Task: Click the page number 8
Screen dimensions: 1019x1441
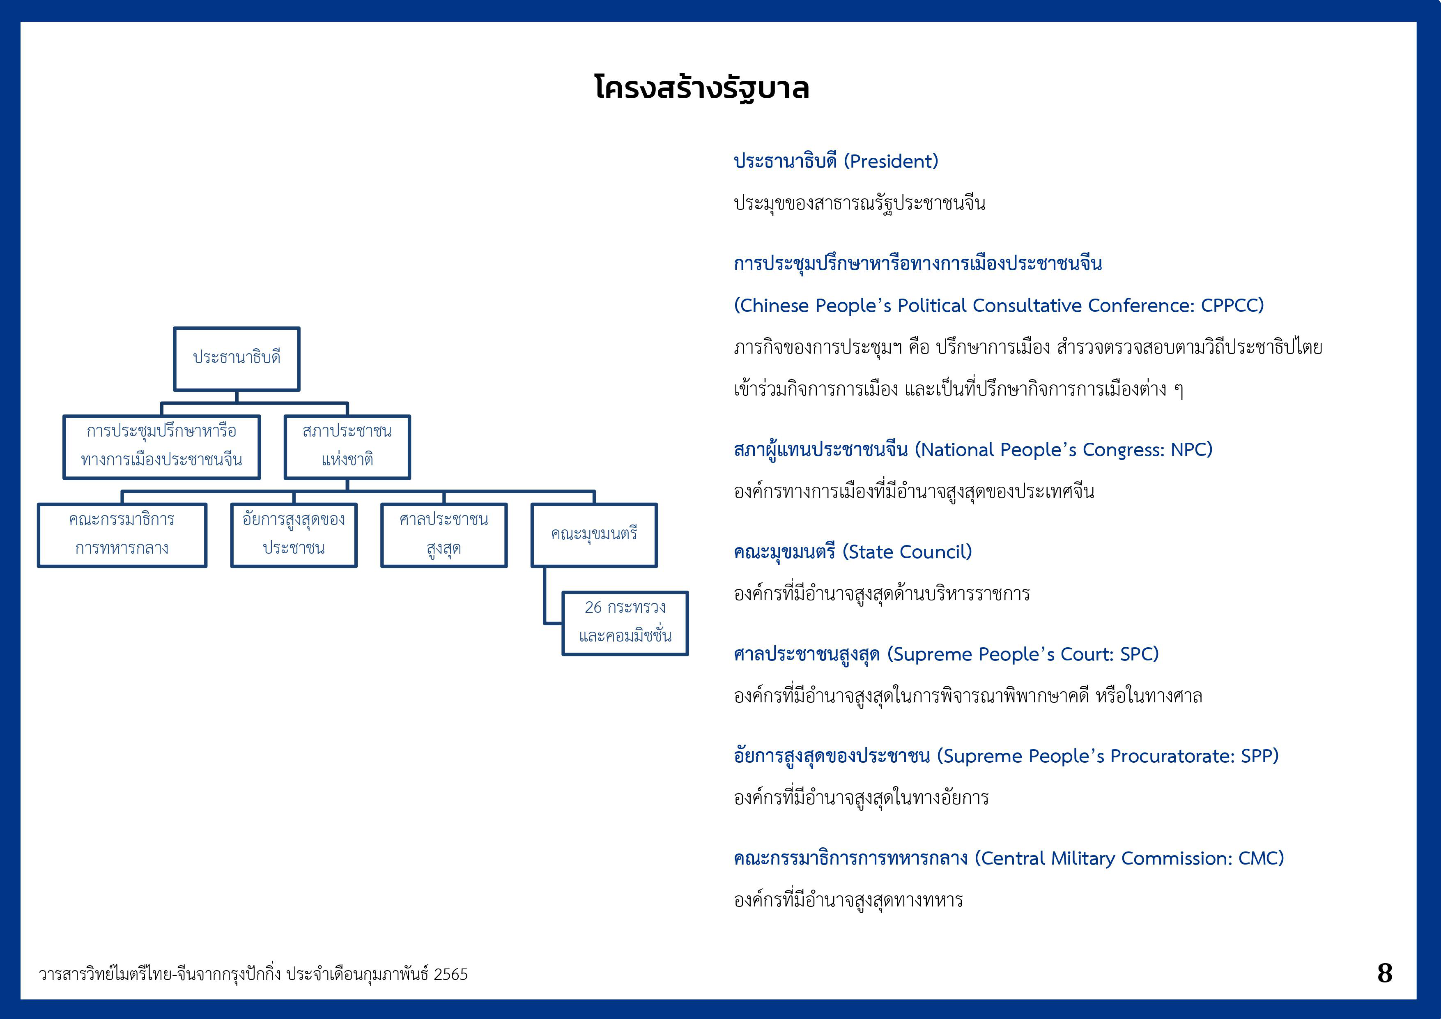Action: [x=1384, y=973]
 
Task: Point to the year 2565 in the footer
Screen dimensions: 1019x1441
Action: [x=450, y=974]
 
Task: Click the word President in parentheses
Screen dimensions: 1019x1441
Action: [x=891, y=161]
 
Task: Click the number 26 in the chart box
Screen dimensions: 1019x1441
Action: [x=593, y=607]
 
